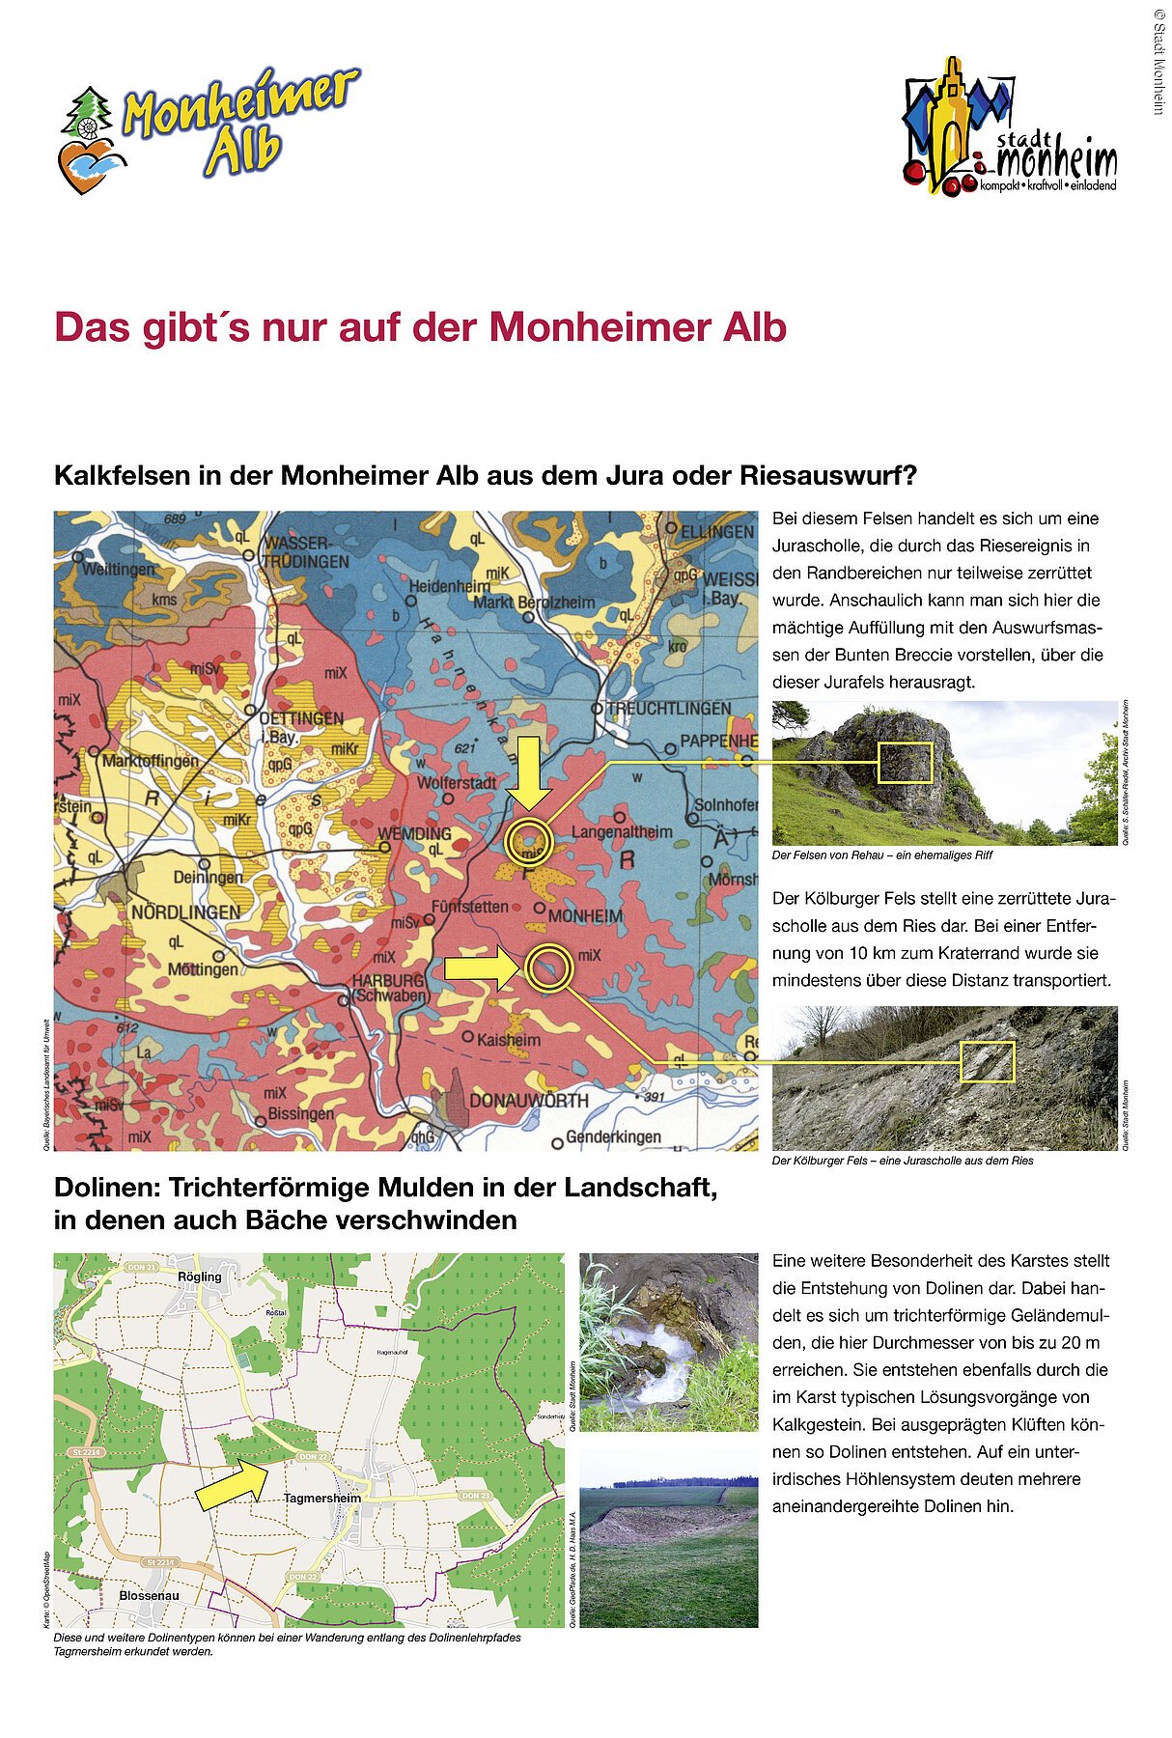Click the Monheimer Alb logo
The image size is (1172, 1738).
pos(208,129)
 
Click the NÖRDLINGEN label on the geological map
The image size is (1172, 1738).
pos(185,912)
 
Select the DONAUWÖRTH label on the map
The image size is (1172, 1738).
pos(528,1101)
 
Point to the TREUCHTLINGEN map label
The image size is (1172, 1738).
pos(668,709)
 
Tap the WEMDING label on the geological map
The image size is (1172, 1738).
pos(414,833)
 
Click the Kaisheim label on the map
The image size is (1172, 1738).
pos(508,1040)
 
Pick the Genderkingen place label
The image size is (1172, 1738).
pos(613,1136)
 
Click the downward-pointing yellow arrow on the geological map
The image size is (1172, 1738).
pos(529,772)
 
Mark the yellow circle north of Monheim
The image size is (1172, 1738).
pos(529,841)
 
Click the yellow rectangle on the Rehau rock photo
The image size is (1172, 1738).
pos(905,762)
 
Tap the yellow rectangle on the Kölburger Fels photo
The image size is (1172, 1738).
pos(987,1062)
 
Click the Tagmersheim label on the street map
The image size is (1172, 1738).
pos(321,1499)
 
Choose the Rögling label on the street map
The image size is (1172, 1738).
pos(200,1276)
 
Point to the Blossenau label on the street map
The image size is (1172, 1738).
pos(149,1595)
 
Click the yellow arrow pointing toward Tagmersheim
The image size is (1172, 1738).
pos(233,1483)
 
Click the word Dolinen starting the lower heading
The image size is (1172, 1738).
pos(107,1188)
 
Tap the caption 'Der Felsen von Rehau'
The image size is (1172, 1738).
pos(881,855)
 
